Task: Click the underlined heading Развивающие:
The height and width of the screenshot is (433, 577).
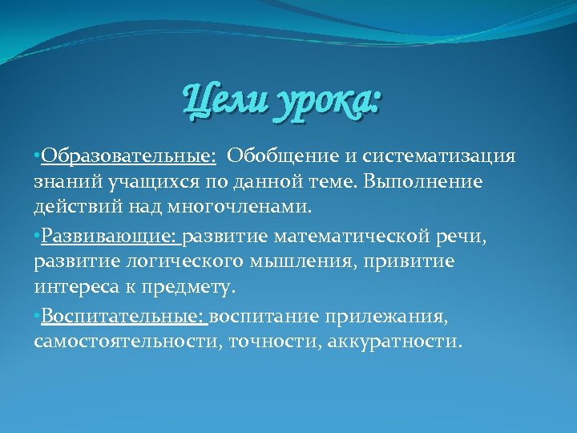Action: pos(111,236)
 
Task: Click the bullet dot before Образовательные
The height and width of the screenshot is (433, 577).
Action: pos(37,155)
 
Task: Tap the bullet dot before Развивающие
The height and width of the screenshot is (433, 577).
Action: pos(37,237)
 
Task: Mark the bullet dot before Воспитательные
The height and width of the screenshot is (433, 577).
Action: pos(37,318)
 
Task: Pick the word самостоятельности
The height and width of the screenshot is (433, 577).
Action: pos(128,344)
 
